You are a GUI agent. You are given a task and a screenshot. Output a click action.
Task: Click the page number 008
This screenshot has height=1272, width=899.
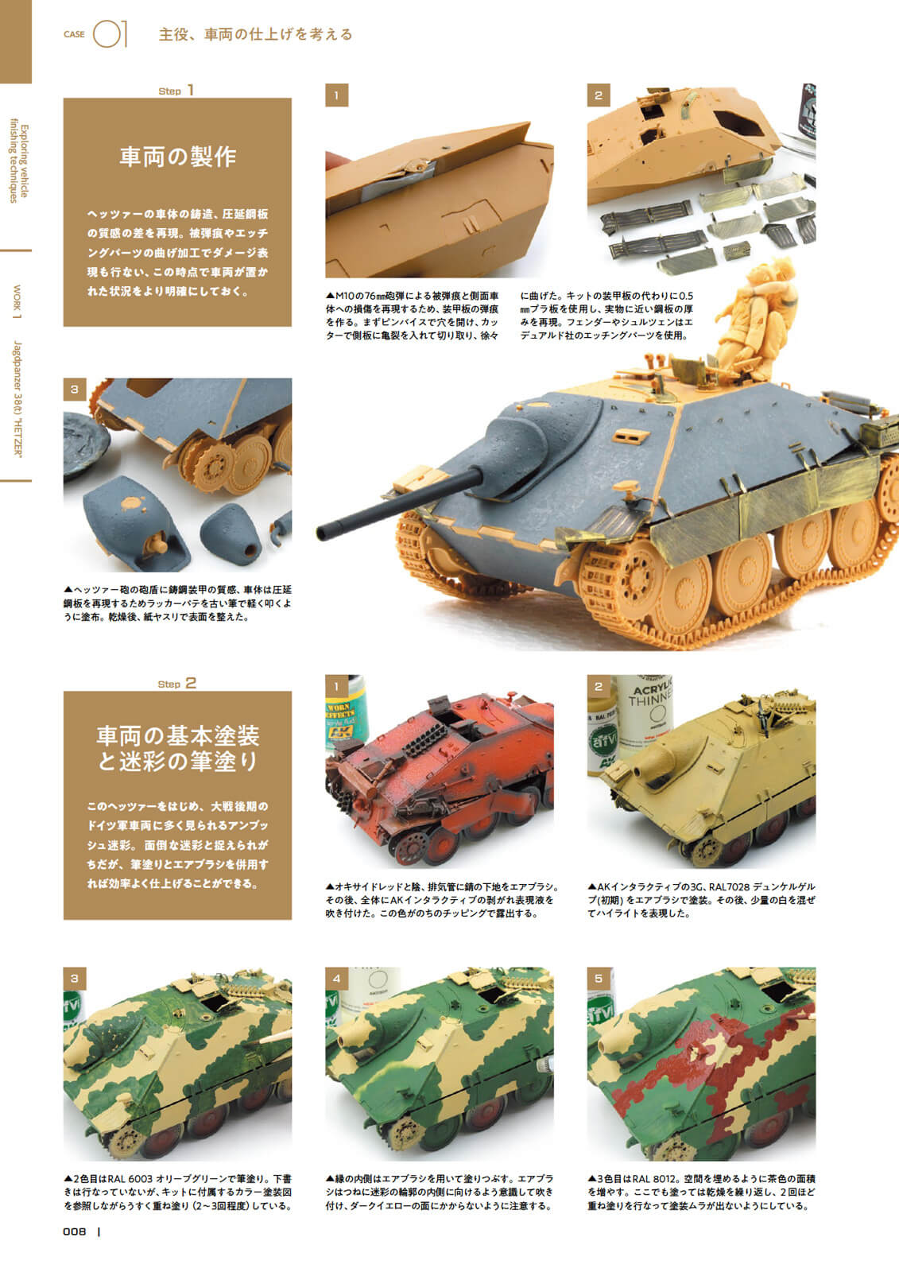point(75,1231)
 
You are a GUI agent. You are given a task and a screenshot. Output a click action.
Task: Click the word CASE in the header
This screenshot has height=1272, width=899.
point(74,34)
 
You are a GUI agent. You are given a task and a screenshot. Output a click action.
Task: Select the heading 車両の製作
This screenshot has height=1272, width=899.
point(178,157)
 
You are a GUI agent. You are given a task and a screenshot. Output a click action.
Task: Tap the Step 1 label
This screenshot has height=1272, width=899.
point(176,91)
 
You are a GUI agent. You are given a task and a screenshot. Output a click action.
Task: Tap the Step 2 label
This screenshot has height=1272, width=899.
point(177,683)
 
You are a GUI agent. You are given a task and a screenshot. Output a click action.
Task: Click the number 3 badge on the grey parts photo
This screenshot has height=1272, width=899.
point(75,390)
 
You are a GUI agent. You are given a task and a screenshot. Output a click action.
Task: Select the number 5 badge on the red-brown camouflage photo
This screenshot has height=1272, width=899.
point(599,979)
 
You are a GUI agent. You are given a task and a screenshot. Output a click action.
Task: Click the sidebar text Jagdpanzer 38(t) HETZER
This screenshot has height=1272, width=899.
point(17,398)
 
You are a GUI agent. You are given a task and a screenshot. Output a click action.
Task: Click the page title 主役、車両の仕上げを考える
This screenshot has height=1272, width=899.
point(256,35)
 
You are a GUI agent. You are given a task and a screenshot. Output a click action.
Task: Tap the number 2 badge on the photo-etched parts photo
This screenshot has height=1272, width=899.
point(599,95)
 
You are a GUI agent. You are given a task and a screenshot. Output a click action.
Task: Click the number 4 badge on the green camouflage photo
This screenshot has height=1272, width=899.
point(337,979)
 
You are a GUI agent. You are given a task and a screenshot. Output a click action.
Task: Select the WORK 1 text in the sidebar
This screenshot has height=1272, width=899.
point(17,301)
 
